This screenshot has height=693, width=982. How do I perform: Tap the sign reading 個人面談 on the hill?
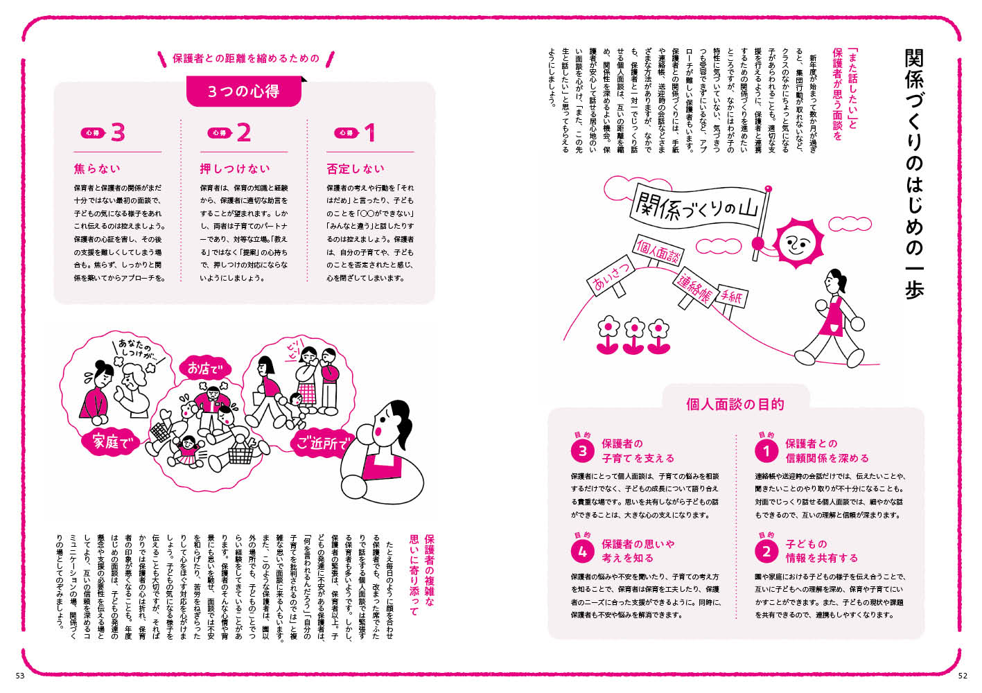pyautogui.click(x=658, y=252)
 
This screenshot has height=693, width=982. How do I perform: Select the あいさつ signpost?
pyautogui.click(x=611, y=274)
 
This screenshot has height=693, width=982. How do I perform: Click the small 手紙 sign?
pyautogui.click(x=730, y=297)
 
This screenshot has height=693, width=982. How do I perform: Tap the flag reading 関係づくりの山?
pyautogui.click(x=696, y=207)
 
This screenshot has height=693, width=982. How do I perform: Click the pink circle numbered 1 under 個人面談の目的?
pyautogui.click(x=766, y=451)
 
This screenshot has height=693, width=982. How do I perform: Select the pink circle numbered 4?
pyautogui.click(x=582, y=552)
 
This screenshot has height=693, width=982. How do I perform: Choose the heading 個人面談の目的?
pyautogui.click(x=735, y=404)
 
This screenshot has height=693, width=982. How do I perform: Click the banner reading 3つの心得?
pyautogui.click(x=243, y=91)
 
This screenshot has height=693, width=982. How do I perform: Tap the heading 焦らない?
pyautogui.click(x=97, y=168)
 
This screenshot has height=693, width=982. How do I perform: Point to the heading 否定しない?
pyautogui.click(x=355, y=168)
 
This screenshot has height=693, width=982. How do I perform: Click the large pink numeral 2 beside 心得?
pyautogui.click(x=243, y=132)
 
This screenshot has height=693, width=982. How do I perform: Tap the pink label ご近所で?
pyautogui.click(x=322, y=442)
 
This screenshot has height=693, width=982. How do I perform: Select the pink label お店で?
pyautogui.click(x=202, y=368)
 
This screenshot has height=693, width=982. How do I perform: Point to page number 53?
pyautogui.click(x=19, y=676)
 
